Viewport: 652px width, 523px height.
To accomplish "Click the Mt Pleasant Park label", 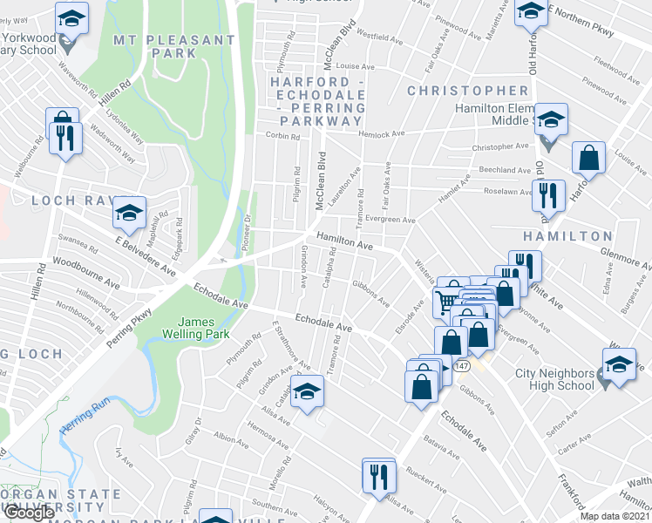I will pyautogui.click(x=167, y=46).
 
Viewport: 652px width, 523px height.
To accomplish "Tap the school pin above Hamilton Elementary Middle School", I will pyautogui.click(x=551, y=119).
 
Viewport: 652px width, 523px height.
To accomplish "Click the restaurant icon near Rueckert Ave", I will pyautogui.click(x=378, y=476).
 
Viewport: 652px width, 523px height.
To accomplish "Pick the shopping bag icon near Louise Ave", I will pyautogui.click(x=589, y=158).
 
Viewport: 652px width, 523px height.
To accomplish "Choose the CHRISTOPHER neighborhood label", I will pyautogui.click(x=467, y=91).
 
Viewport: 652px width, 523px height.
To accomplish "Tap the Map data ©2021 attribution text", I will pyautogui.click(x=615, y=516).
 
